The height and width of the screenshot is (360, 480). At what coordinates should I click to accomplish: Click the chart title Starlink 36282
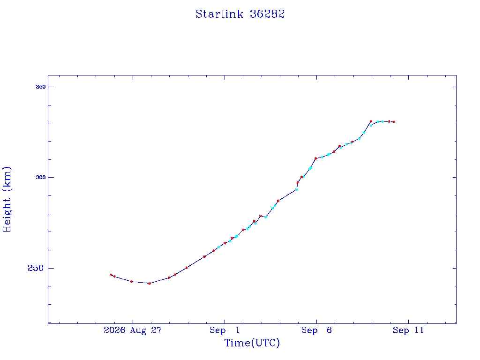point(240,14)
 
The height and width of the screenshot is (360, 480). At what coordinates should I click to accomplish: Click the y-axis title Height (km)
point(7,199)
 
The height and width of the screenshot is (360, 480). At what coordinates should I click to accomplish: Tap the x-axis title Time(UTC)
point(252,343)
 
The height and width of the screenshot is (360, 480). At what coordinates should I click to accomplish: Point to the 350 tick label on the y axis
point(41,87)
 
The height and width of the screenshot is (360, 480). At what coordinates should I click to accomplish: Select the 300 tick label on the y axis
point(41,177)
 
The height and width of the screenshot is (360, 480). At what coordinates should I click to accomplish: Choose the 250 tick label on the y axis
point(36,268)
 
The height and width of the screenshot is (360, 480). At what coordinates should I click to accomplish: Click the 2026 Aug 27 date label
point(133,330)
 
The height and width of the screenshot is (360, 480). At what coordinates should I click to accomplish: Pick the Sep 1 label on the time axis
point(225,330)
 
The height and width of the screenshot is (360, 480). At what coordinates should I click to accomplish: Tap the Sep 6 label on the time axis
point(316,330)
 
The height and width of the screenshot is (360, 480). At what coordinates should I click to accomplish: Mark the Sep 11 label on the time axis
point(408,330)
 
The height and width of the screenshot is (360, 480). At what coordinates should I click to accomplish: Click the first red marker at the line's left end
point(111,275)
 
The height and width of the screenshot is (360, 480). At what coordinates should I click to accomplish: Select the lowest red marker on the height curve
point(150,284)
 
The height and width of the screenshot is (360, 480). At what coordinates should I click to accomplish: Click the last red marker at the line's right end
point(394,122)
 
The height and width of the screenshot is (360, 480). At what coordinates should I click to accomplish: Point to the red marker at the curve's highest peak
point(371,121)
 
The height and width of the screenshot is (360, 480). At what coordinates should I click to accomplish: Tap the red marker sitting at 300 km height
point(301,177)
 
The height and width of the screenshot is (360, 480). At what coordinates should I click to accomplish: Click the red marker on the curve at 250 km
point(187,268)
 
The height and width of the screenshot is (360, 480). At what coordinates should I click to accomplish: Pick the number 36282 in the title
point(267,14)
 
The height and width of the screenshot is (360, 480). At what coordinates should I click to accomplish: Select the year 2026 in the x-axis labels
point(114,330)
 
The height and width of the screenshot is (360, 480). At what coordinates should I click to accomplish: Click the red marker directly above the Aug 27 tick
point(132,281)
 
